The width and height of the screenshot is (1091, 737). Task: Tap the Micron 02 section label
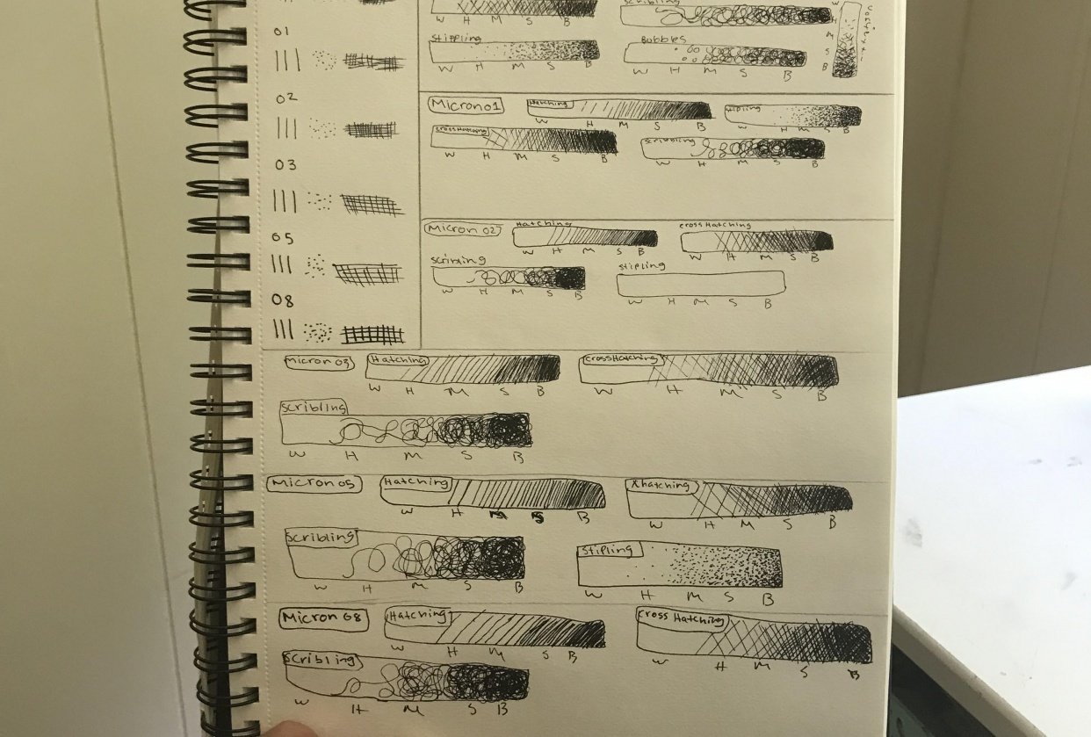click(x=463, y=229)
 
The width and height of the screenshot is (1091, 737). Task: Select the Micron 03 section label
click(x=319, y=362)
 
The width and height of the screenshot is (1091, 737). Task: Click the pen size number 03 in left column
click(x=285, y=165)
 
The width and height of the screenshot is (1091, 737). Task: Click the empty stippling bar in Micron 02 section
click(x=700, y=284)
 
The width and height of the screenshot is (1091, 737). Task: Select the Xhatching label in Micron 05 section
click(x=661, y=486)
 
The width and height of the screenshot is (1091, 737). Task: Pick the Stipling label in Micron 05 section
click(x=610, y=551)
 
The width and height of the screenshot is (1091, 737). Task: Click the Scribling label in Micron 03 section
click(x=314, y=408)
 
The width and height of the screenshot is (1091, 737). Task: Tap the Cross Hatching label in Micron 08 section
click(x=682, y=618)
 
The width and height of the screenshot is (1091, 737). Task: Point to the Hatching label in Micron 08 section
click(x=417, y=616)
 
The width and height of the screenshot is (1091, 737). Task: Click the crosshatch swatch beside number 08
click(x=372, y=334)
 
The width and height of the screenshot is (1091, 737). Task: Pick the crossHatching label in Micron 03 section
click(x=620, y=359)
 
